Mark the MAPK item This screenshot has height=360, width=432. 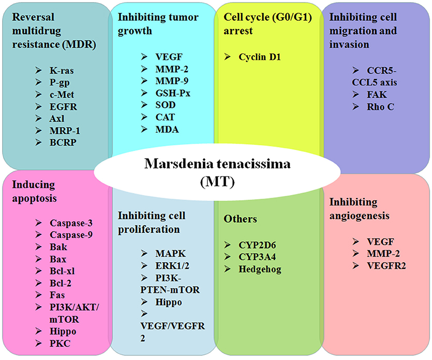click(x=169, y=253)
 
